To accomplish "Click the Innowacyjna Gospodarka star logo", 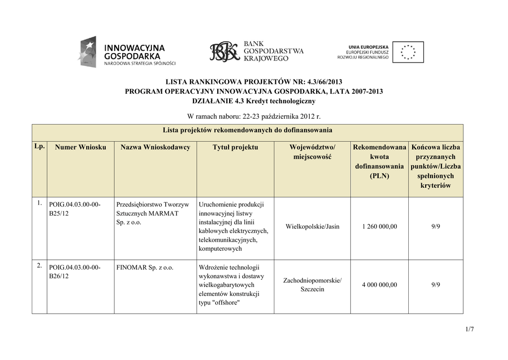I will pos(87,52).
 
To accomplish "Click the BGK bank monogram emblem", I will pos(224,52).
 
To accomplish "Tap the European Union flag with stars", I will pos(408,52).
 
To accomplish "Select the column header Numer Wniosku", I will pos(80,147).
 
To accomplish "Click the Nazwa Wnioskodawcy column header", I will pos(155,147).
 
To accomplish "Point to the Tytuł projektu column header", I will pos(235,147).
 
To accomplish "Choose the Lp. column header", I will pos(40,146).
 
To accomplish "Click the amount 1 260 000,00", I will pos(380,227).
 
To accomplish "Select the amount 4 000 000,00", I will pos(380,285).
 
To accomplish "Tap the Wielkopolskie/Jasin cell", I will pos(313,227).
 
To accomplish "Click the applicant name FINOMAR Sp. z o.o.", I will pos(145,268).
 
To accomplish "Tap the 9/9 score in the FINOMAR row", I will pos(436,285).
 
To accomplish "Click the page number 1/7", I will pos(470,329).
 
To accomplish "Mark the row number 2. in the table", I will pos(39,266).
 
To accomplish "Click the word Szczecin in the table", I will pos(313,289).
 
